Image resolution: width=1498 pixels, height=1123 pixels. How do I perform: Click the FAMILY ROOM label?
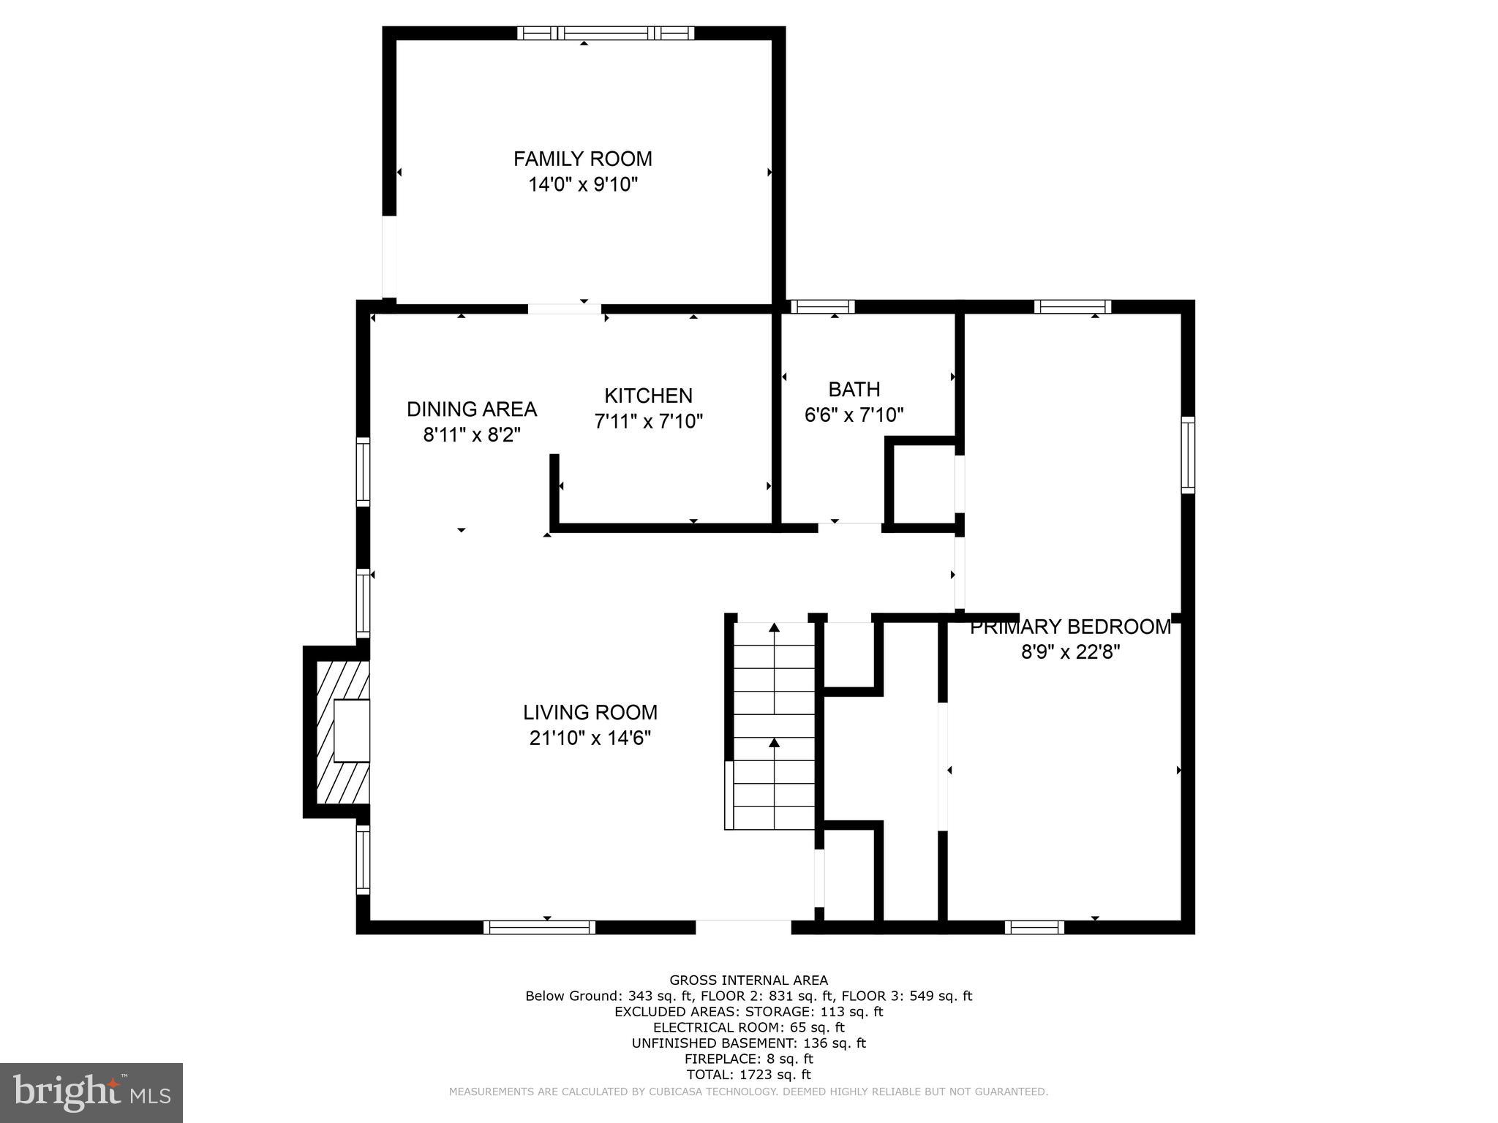(x=582, y=159)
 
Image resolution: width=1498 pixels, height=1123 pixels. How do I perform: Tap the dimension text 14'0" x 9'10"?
(x=583, y=184)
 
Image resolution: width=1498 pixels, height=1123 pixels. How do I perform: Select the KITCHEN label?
(x=648, y=396)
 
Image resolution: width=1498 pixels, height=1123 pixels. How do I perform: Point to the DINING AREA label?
(x=472, y=409)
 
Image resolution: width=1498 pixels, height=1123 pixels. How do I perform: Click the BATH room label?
(x=854, y=389)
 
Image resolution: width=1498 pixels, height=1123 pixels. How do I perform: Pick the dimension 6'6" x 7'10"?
(x=854, y=415)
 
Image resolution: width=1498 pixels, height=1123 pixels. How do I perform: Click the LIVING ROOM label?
(x=590, y=712)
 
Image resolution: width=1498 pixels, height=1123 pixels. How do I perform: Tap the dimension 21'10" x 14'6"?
(x=590, y=738)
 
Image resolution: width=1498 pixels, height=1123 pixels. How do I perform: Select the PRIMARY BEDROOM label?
(x=1070, y=627)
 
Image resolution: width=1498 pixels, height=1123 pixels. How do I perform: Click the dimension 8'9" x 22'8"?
(x=1070, y=651)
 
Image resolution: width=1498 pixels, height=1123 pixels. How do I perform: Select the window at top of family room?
(x=606, y=33)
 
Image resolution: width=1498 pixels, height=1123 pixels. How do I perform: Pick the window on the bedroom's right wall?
(x=1188, y=455)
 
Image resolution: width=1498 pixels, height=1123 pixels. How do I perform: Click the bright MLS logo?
(x=91, y=1092)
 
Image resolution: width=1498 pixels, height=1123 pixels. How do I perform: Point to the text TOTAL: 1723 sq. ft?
(x=748, y=1075)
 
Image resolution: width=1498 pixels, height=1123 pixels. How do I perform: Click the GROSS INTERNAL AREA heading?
(x=748, y=980)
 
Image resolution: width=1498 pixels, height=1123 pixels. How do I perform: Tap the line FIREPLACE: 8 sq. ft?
(x=748, y=1059)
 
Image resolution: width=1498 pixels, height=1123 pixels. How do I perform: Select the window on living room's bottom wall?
(x=539, y=927)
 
